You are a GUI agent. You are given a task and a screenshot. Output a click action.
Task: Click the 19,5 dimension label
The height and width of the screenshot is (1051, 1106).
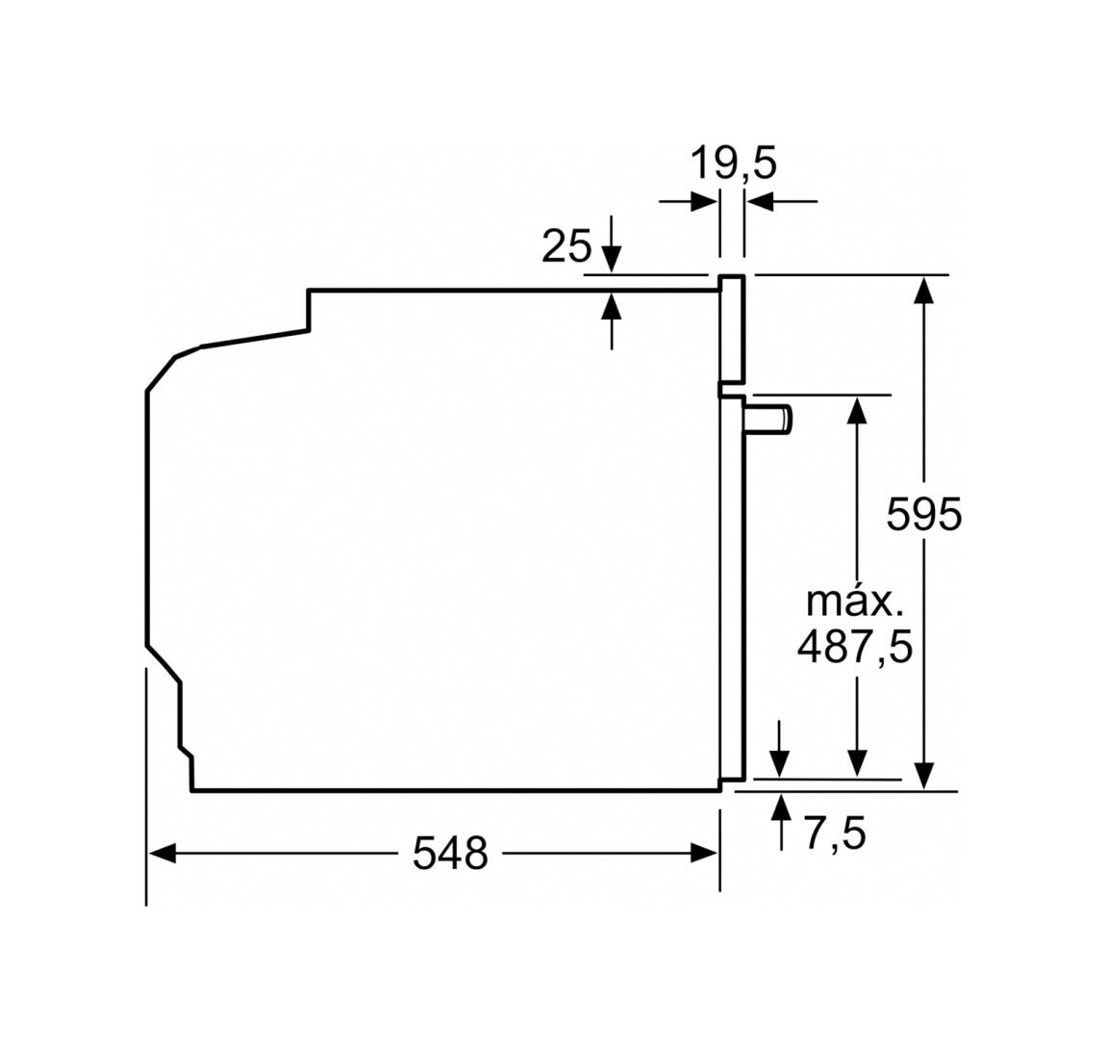(x=732, y=163)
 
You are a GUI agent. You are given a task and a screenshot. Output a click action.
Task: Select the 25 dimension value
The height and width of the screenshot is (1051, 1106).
(x=566, y=247)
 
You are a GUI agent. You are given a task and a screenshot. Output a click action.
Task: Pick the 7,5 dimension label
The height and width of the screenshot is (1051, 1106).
(x=835, y=833)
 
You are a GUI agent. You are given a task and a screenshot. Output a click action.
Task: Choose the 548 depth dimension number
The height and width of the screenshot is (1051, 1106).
(x=450, y=853)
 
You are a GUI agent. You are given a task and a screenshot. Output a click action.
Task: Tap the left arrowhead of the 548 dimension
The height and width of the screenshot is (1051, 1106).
(x=163, y=854)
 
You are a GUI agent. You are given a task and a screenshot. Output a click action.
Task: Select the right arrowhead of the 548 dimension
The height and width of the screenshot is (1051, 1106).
(x=704, y=854)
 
